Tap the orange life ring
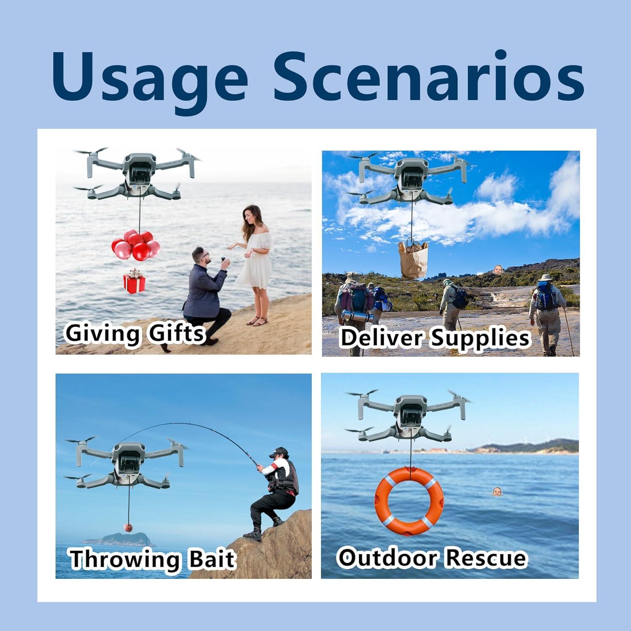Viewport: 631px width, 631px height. click(x=409, y=501)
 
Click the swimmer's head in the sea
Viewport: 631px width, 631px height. click(x=497, y=491)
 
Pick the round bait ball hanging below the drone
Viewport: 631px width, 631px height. click(x=128, y=528)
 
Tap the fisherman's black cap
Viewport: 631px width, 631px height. click(x=279, y=452)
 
